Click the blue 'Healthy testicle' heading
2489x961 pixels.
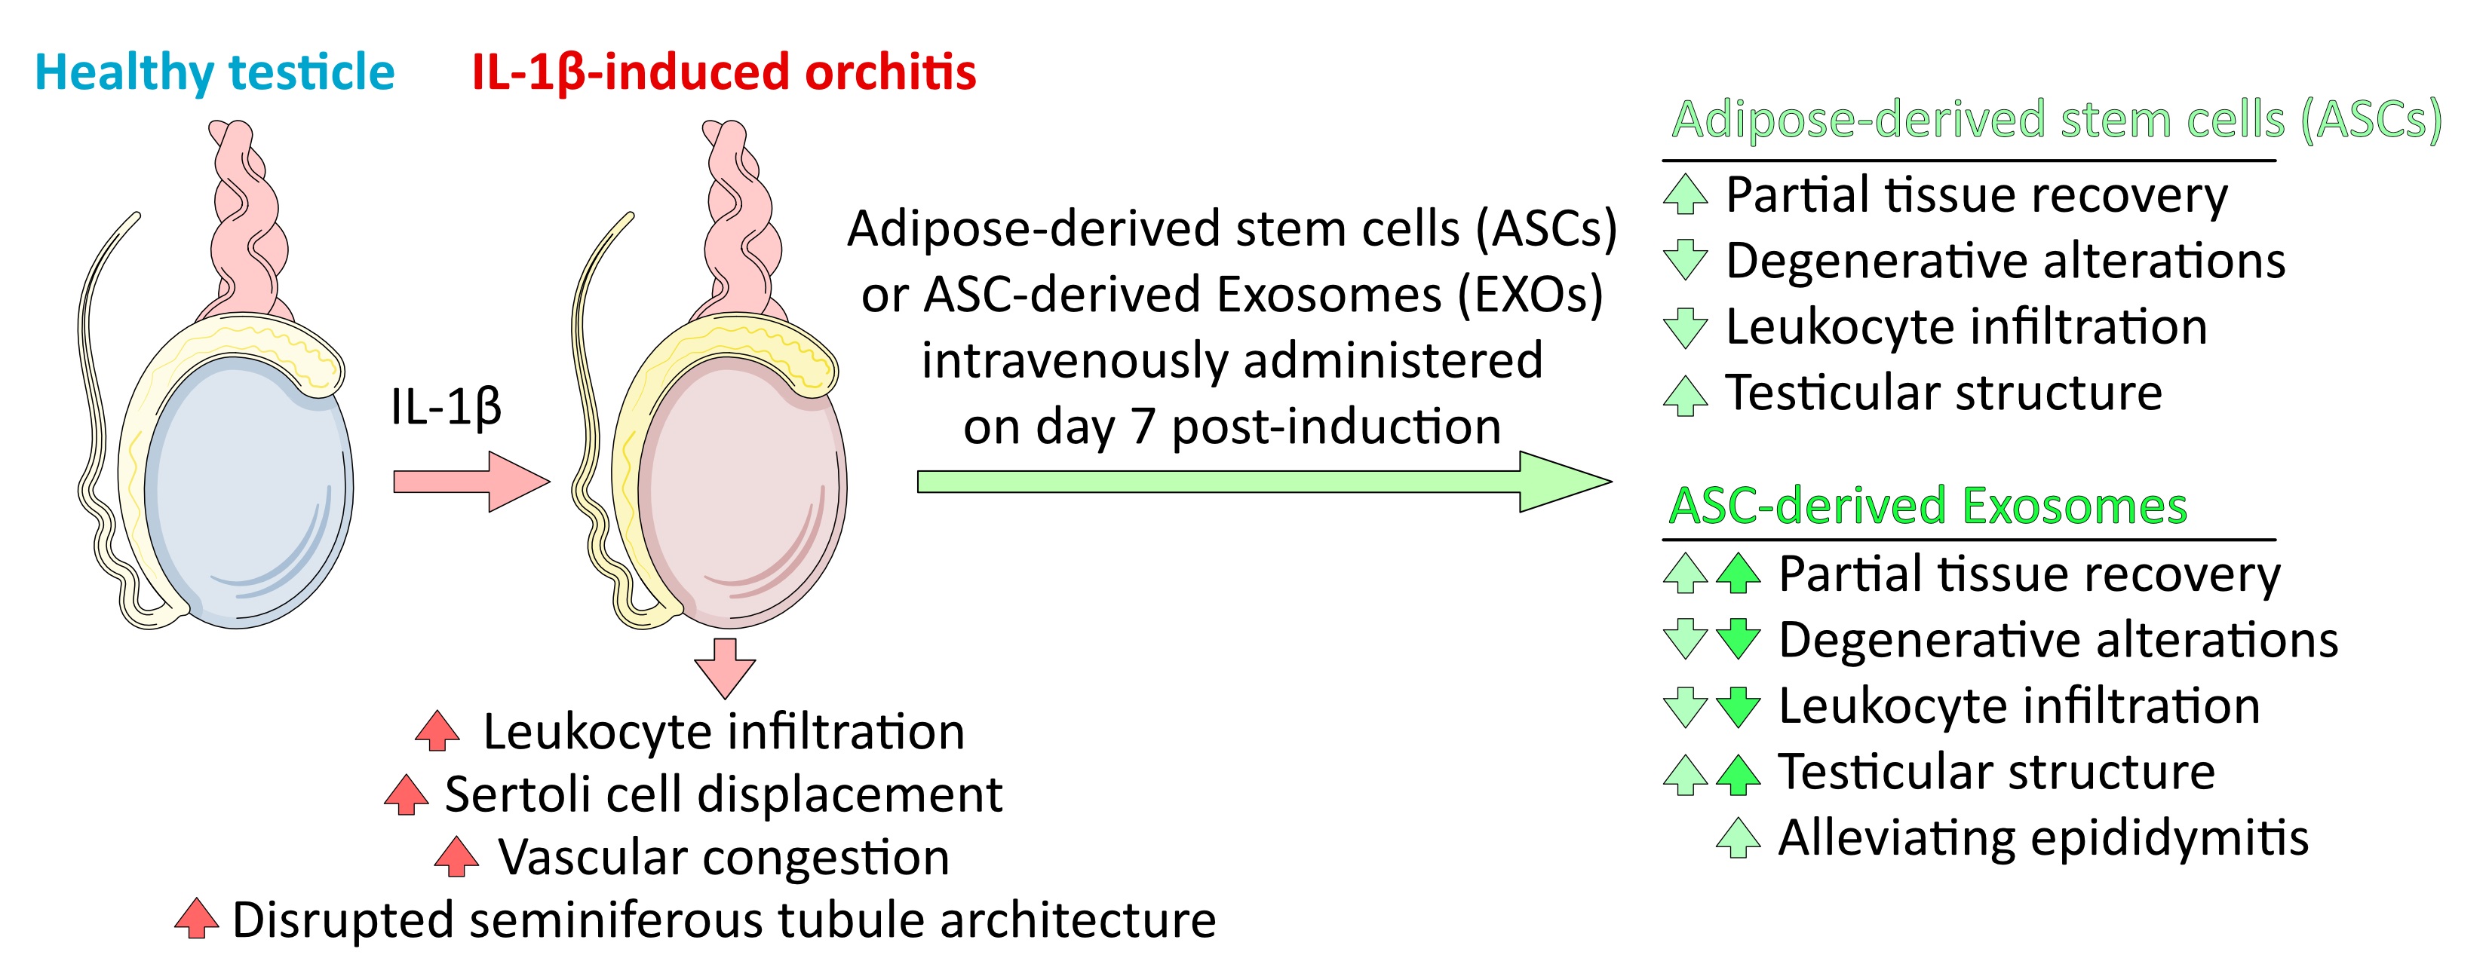(x=214, y=72)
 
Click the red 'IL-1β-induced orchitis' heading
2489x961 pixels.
(x=724, y=72)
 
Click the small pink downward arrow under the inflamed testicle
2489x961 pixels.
(x=725, y=666)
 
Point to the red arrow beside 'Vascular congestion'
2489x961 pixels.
(x=456, y=857)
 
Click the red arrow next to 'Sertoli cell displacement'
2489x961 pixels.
(x=406, y=795)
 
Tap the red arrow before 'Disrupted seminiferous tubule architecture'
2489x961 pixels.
(x=197, y=919)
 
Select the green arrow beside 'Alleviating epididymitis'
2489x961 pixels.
(x=1739, y=837)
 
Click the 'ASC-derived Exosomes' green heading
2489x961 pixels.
(x=1928, y=506)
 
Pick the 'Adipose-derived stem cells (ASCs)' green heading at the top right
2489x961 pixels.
(x=2056, y=120)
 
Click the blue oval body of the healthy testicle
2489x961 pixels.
(x=247, y=493)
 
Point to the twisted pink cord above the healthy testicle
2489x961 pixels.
(x=247, y=222)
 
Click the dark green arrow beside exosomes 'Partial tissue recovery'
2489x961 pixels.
(x=1739, y=573)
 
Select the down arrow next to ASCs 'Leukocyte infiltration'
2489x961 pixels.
(x=1686, y=327)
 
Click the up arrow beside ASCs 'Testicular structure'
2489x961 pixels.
(x=1686, y=395)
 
